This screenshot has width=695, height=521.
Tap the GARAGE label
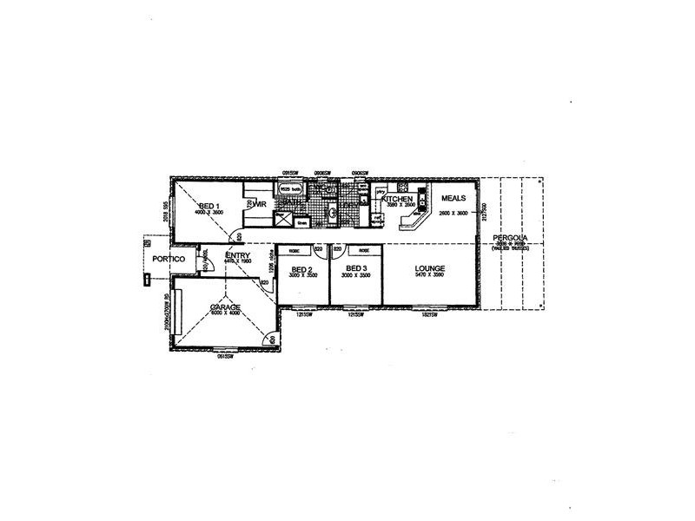click(x=224, y=307)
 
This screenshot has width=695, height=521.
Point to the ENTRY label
click(x=238, y=254)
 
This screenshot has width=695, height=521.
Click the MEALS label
click(x=453, y=198)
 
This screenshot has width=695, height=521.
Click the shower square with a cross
click(x=283, y=219)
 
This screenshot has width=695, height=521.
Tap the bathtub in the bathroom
click(x=289, y=188)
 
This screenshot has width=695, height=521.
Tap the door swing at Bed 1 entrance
click(x=235, y=234)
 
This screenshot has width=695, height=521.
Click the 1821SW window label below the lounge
click(x=428, y=314)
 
